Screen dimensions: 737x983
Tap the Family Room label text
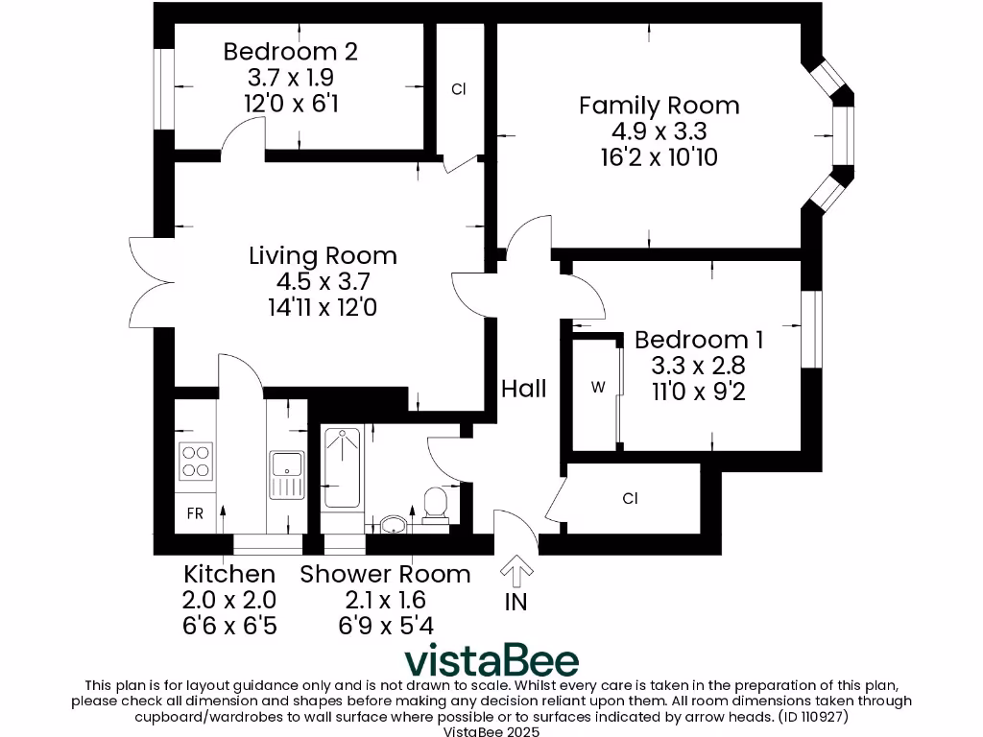coord(659,106)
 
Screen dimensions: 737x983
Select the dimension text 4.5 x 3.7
coord(323,281)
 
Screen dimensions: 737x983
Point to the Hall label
coord(524,388)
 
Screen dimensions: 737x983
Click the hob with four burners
coord(196,461)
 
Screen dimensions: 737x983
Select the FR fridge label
coord(195,513)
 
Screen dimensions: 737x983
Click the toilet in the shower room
coord(435,504)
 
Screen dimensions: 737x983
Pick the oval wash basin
coord(394,524)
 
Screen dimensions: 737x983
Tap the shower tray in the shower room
coord(342,468)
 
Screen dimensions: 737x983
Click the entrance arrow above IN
coord(516,572)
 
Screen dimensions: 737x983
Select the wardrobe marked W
coord(598,388)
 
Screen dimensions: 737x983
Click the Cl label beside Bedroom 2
coord(459,89)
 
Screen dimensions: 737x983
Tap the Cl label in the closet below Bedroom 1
coord(631,498)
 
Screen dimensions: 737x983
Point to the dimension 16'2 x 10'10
coord(659,157)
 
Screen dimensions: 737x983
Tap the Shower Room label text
coord(385,574)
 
